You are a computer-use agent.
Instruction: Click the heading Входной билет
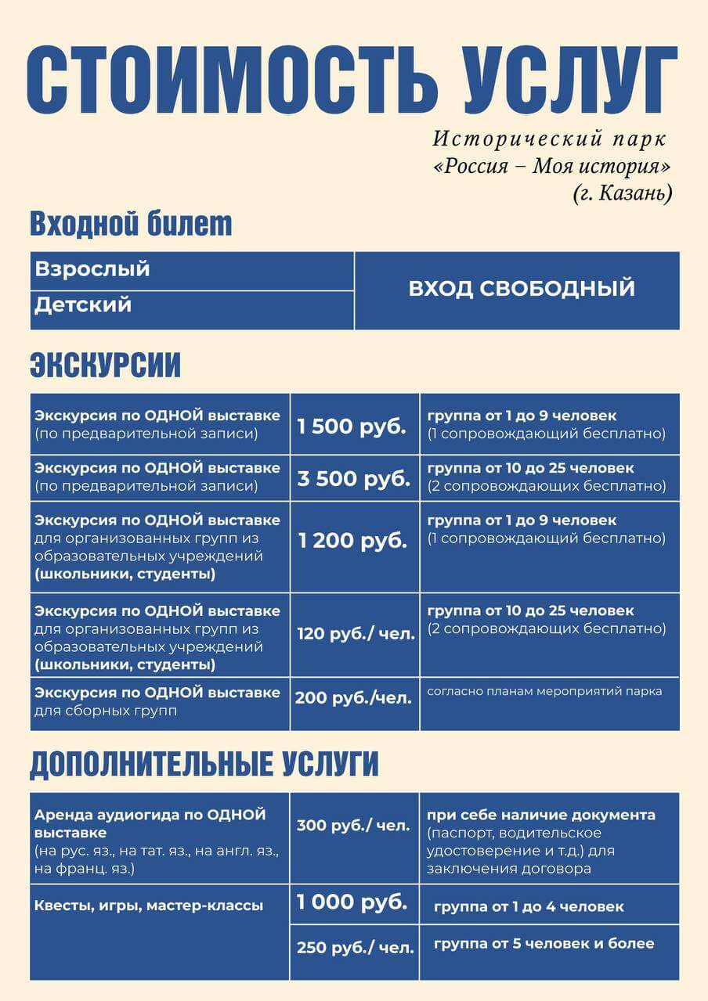point(131,224)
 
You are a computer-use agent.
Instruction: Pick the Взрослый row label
point(92,269)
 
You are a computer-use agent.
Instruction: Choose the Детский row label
point(82,304)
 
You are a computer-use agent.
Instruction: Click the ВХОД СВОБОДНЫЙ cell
point(521,288)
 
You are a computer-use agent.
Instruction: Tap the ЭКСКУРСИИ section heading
point(105,365)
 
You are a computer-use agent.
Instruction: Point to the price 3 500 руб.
point(353,479)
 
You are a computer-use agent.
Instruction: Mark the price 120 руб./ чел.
point(356,634)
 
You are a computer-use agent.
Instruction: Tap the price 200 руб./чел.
point(353,698)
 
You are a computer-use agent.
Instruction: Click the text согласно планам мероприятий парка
point(544,691)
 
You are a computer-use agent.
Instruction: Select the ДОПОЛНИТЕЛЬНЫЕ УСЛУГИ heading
point(204,764)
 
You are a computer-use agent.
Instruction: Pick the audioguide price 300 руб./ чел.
point(353,825)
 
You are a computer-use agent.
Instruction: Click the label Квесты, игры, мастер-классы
point(149,906)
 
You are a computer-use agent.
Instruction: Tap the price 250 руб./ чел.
point(355,948)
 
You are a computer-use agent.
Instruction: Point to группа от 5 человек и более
point(544,943)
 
